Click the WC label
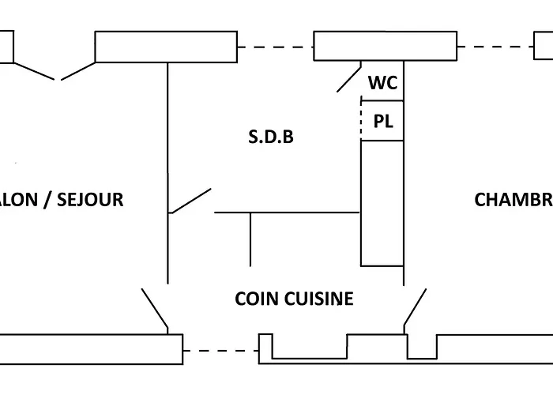coord(383,83)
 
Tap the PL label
coord(383,122)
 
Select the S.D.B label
coord(271,137)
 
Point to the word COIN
coord(254,299)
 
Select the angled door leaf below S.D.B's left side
coord(190,201)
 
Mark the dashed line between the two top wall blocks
coord(275,47)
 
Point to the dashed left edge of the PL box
coord(362,121)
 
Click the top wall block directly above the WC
coord(385,46)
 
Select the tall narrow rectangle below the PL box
coord(382,203)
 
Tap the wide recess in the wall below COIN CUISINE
coord(304,348)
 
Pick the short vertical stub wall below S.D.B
coord(250,239)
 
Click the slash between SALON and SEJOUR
coord(49,199)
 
